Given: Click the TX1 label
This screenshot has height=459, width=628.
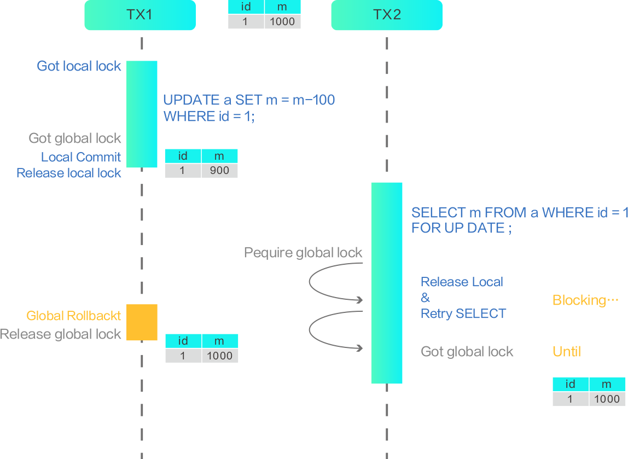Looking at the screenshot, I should tap(139, 15).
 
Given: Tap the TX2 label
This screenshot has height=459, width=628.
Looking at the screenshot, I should tap(387, 15).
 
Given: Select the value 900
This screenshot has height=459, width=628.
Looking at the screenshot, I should tap(219, 170).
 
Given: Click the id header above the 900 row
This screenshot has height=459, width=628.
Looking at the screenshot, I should tap(183, 156).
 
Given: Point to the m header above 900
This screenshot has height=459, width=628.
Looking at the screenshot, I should tap(219, 156).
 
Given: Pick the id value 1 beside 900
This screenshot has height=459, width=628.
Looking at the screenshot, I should tap(182, 170).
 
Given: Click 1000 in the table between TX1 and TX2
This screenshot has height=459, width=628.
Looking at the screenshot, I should tap(282, 22).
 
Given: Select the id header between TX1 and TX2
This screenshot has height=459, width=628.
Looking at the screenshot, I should tap(246, 7).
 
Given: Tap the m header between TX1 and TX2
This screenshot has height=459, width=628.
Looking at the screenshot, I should tap(282, 7).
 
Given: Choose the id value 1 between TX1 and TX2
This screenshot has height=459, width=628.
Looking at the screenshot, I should tap(245, 22).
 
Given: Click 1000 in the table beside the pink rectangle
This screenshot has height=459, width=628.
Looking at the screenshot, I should tap(219, 356).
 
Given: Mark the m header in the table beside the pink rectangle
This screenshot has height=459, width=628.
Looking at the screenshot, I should tap(219, 341).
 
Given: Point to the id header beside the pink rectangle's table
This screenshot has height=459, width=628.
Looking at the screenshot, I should tap(183, 341).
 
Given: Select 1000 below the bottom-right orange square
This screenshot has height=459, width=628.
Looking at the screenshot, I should tap(607, 399).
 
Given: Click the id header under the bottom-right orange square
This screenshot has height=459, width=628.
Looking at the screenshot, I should tap(570, 384).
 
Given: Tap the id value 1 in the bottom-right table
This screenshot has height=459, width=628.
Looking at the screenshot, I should tap(570, 399).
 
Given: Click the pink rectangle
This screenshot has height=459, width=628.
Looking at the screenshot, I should tap(330, 368).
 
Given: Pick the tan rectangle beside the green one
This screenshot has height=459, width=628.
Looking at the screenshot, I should tap(154, 364).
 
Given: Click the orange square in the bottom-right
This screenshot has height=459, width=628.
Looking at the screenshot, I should tap(590, 335).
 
